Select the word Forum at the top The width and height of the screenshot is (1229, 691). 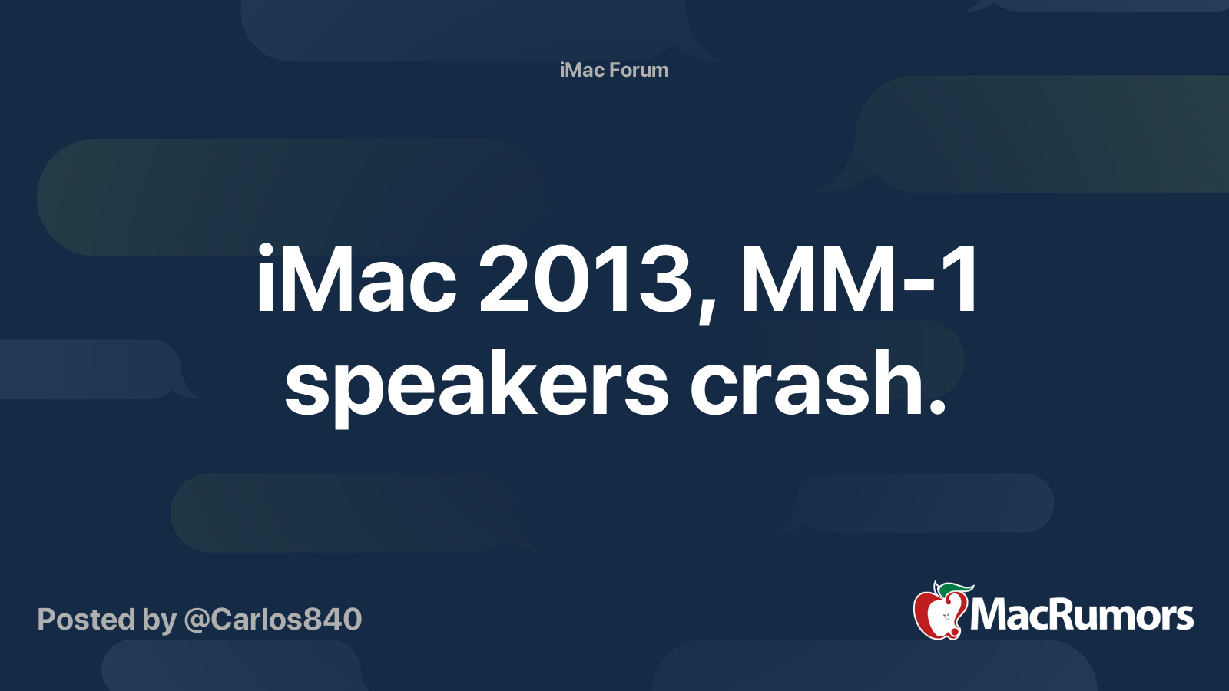coord(639,70)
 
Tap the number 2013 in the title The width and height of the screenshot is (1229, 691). coord(585,279)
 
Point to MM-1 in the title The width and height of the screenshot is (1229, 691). coord(858,279)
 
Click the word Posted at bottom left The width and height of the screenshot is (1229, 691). coord(86,619)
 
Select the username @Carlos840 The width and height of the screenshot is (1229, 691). coord(273,619)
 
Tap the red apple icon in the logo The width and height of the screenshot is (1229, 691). coord(939,614)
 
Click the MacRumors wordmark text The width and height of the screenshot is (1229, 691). coord(1082,615)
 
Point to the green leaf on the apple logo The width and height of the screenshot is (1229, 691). coord(956,588)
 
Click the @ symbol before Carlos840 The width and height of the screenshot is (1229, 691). coord(197,621)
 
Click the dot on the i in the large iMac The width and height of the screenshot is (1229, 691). coord(265,252)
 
